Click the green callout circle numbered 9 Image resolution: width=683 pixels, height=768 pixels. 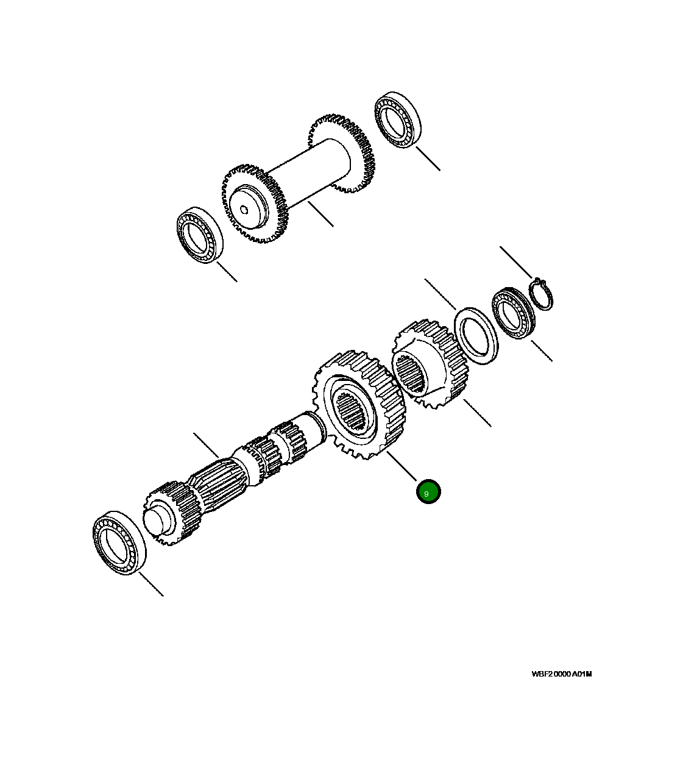(428, 492)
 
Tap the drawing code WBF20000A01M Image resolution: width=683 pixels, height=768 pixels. (561, 674)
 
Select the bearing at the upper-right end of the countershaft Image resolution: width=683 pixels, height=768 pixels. (400, 121)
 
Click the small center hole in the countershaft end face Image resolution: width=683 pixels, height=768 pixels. (244, 211)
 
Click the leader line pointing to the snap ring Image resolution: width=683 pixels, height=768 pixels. (515, 262)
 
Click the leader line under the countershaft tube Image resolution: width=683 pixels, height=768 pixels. (320, 214)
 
